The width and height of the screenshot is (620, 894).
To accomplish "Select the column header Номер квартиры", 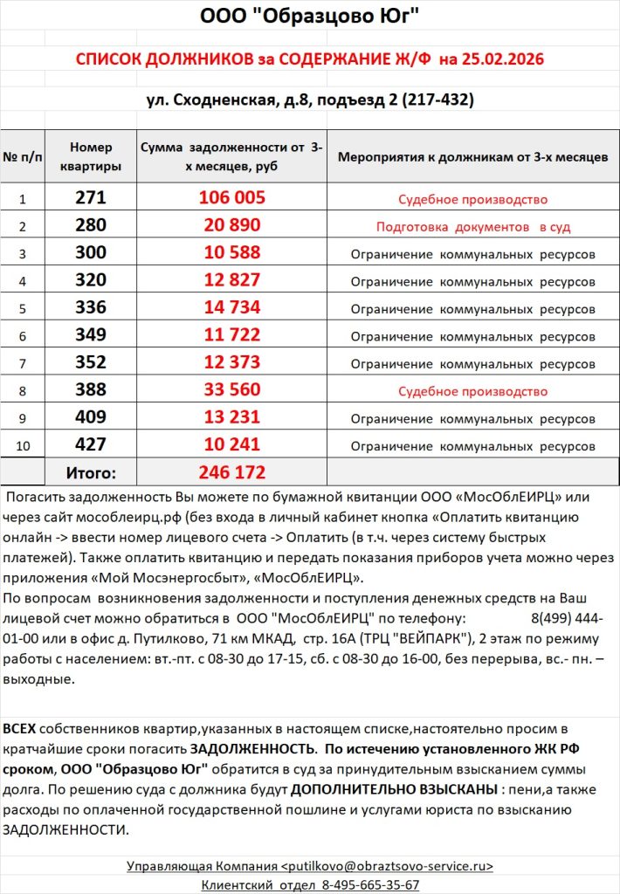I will click(x=91, y=157).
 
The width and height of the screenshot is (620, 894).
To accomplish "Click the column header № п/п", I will click(x=23, y=158).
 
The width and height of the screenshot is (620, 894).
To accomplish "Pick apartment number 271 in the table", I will click(x=91, y=198).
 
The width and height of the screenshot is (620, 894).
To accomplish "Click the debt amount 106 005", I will click(x=231, y=198).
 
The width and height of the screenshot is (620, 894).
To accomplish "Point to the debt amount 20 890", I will click(x=231, y=225).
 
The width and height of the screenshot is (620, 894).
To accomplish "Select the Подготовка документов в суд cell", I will click(x=472, y=227).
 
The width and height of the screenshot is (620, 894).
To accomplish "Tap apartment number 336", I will click(x=91, y=307).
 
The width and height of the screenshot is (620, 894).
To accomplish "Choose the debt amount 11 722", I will click(x=231, y=335).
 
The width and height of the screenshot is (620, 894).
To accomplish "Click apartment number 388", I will click(x=91, y=390).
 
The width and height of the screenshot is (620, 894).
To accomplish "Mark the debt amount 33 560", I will click(x=231, y=390).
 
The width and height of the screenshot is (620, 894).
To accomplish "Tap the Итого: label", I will click(x=91, y=473).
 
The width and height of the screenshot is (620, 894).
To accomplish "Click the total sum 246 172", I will click(x=231, y=473).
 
